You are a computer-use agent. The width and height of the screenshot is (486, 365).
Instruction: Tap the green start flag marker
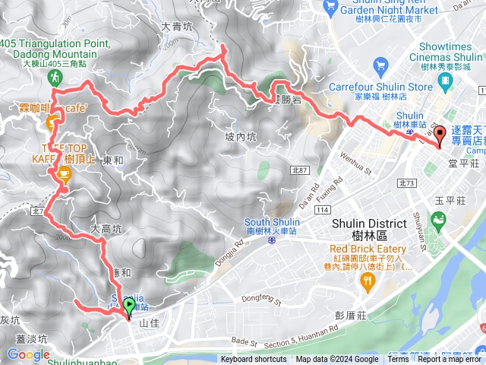(x=129, y=306)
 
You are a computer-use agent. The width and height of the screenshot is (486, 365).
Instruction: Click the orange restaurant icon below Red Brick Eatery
(x=369, y=282)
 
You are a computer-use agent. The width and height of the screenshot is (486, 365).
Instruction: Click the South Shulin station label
(x=272, y=226)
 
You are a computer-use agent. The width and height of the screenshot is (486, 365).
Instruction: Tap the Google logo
(x=28, y=354)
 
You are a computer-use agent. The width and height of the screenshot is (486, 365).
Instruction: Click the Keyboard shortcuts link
(x=254, y=360)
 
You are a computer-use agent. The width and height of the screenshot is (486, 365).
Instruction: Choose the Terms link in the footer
(x=397, y=360)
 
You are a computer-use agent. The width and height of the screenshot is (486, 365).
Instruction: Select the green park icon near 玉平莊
(x=437, y=221)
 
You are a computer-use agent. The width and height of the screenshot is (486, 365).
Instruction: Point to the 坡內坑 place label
(x=241, y=137)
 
